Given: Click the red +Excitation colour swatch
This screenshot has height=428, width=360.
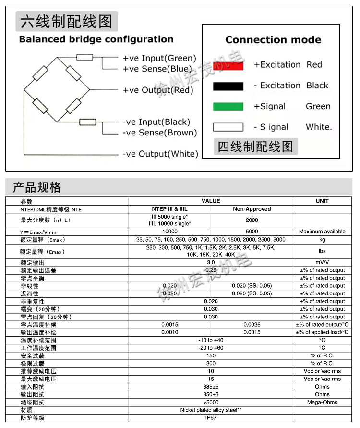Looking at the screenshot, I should click(228, 65).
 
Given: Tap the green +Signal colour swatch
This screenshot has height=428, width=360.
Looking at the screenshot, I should click(228, 107).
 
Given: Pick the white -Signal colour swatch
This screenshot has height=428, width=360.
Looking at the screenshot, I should click(228, 127).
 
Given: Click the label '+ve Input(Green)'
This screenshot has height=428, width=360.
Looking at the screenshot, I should click(159, 58).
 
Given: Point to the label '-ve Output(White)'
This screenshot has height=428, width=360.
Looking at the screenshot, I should click(160, 154).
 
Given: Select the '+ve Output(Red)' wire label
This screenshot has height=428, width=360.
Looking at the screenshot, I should click(158, 90).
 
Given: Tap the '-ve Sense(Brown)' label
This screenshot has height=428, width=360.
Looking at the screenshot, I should click(159, 133).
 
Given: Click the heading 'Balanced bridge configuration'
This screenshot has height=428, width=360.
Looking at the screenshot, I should click(96, 39).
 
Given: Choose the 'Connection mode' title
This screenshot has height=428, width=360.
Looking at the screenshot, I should click(273, 40).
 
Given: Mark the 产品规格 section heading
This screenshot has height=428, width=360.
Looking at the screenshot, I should click(37, 187).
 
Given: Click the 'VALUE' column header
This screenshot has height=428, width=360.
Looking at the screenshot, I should click(211, 201).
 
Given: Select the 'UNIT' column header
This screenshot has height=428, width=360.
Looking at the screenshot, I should click(322, 201).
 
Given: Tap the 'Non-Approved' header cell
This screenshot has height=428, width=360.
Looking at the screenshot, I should click(252, 209).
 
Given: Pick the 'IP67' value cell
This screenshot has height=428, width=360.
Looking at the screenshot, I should click(211, 418).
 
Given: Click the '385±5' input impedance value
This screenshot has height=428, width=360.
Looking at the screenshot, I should click(211, 387).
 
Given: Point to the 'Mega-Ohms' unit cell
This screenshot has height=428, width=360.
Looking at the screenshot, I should click(322, 402).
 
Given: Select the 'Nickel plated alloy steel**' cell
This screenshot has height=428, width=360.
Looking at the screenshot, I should click(211, 410).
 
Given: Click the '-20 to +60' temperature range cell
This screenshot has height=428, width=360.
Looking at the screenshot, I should click(211, 348).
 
